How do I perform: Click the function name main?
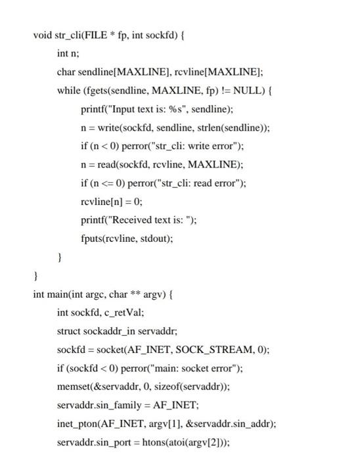[x=56, y=294]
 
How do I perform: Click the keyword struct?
[x=69, y=331]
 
